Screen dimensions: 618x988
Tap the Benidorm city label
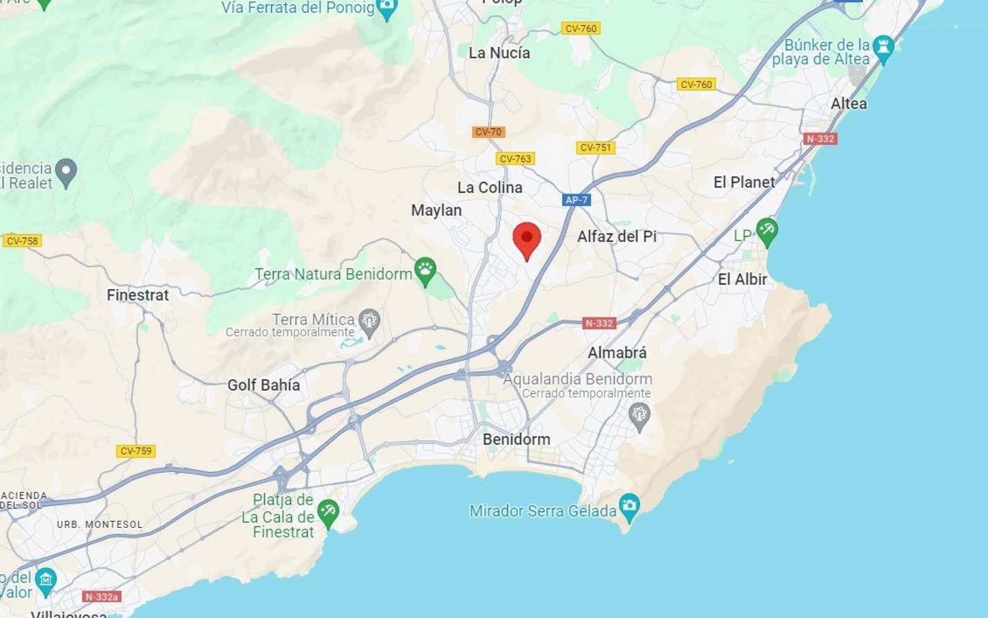[x=517, y=439]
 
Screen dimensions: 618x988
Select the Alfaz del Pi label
[x=616, y=236]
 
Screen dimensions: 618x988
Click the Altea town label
[x=849, y=104]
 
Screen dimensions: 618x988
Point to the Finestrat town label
[x=137, y=295]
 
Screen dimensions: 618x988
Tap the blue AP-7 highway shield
[x=576, y=200]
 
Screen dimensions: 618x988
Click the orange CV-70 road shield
[x=488, y=132]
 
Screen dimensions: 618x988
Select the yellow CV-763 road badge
[x=515, y=159]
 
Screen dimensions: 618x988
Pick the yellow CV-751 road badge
[x=595, y=148]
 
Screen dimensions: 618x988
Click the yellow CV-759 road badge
[x=136, y=451]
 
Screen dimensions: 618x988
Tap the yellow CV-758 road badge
[x=22, y=241]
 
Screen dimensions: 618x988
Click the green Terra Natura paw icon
[x=426, y=270]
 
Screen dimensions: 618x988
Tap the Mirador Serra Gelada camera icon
[x=630, y=507]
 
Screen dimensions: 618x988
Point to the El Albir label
[x=742, y=279]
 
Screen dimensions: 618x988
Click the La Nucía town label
[x=499, y=53]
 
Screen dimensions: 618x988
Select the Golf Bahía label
[x=263, y=385]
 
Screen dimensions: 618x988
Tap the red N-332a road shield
[x=102, y=597]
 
